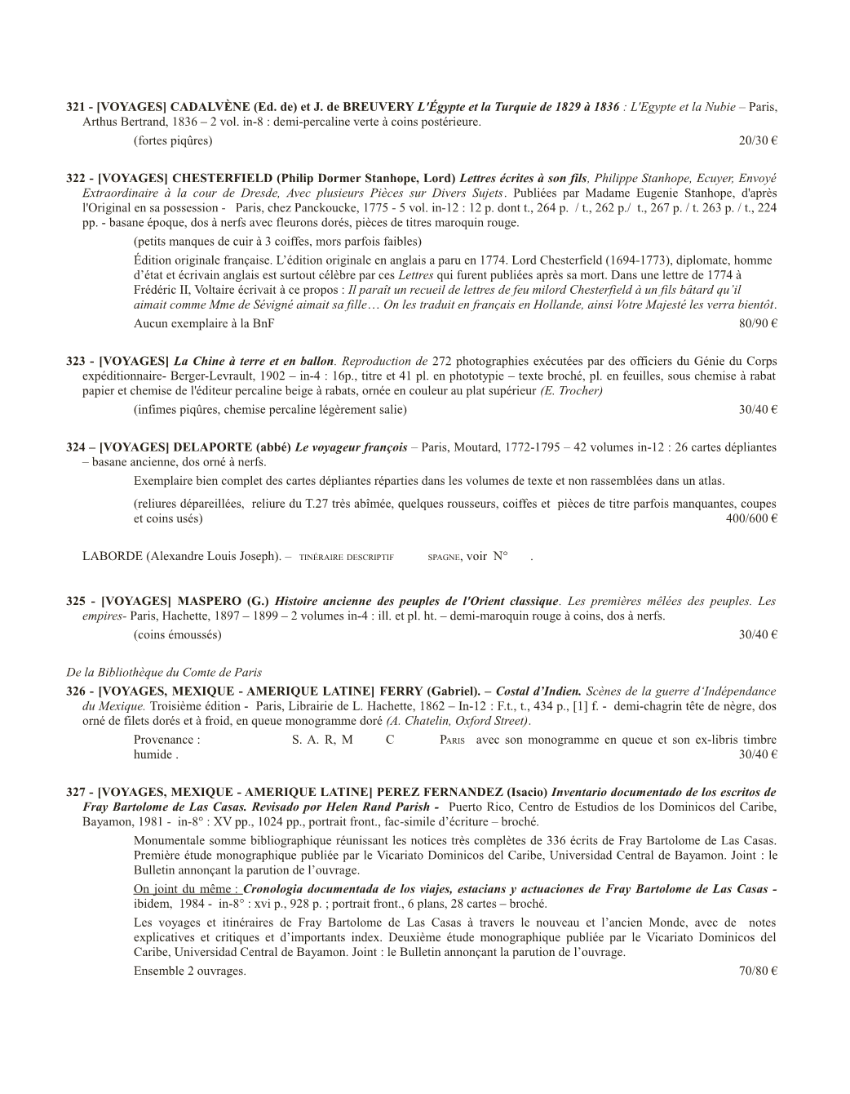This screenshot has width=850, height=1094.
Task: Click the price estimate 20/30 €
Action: point(757,141)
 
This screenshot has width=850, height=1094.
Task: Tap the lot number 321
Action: point(75,107)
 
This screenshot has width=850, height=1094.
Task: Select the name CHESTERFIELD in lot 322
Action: point(222,179)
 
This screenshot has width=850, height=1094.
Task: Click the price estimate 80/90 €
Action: point(757,323)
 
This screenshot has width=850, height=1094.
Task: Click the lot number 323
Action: point(75,362)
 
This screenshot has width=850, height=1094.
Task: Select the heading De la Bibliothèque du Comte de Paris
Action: point(163,673)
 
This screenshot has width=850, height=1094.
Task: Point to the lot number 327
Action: point(75,792)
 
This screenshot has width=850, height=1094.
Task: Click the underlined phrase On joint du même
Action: point(187,889)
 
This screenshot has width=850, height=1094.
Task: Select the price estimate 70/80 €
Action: point(757,972)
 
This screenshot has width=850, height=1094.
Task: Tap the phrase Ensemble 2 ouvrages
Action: point(189,972)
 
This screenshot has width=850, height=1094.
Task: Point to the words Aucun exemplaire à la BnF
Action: point(204,323)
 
